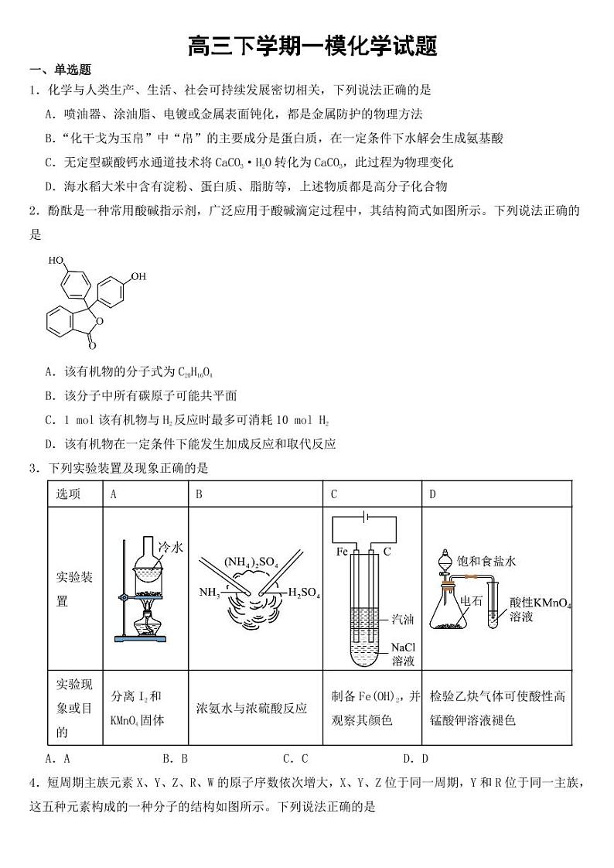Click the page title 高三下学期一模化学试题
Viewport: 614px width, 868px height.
(312, 46)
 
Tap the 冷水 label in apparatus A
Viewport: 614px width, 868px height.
(170, 547)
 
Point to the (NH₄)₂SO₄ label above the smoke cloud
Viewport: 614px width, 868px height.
(251, 560)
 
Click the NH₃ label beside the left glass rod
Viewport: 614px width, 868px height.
(210, 593)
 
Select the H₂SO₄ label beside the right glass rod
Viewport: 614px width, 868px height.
(304, 593)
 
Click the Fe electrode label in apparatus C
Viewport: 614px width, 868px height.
(342, 552)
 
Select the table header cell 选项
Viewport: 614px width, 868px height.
(68, 494)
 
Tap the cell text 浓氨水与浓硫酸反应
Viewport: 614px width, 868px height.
(252, 707)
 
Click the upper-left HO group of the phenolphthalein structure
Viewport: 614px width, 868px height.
(56, 261)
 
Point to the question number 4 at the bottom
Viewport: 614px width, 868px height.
(33, 784)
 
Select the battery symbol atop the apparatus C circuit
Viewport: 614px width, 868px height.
(365, 518)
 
